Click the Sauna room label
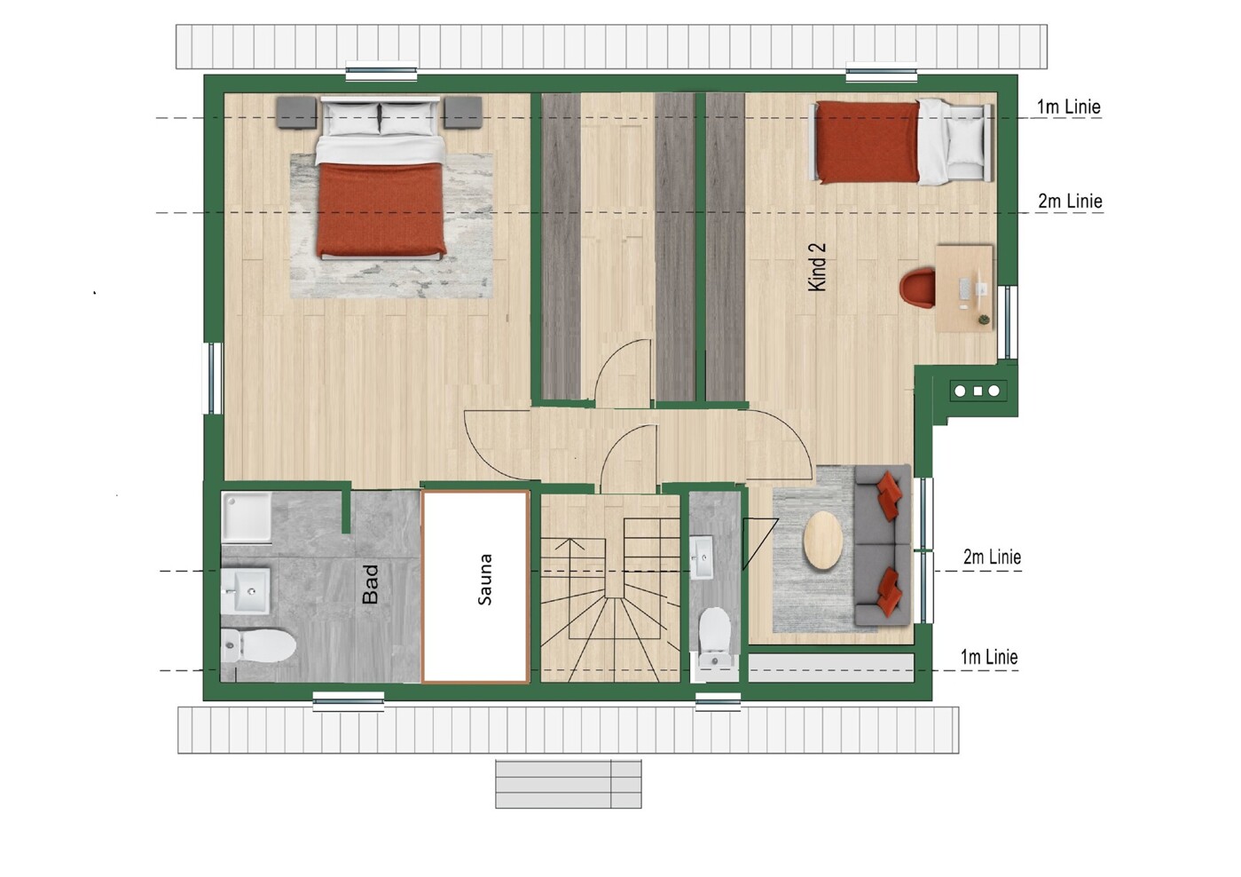484,580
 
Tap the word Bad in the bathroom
370,584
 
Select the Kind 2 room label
817,266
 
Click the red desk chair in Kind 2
917,287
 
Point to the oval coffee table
823,540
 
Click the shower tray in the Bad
247,517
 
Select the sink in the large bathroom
246,591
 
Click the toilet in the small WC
715,636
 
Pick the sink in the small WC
702,557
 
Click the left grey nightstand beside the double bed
296,113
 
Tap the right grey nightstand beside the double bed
463,113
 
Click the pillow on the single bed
965,141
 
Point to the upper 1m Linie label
1069,107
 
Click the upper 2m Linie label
1070,201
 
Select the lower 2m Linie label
992,557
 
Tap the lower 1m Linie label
989,657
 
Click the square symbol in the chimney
978,391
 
